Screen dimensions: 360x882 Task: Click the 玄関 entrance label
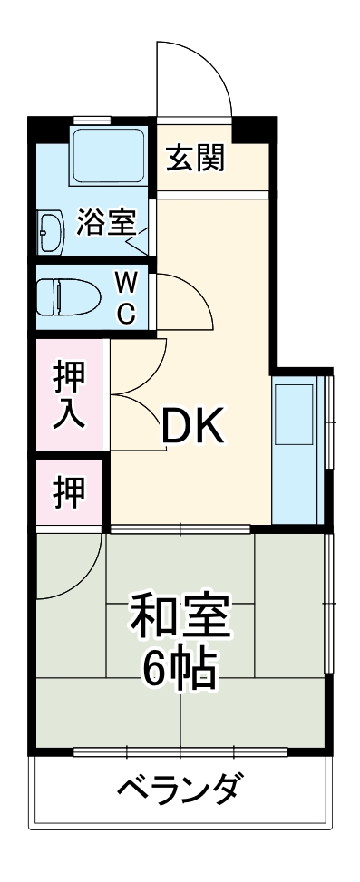click(194, 159)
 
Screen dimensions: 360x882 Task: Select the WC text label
click(126, 297)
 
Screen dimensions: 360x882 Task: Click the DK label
click(192, 425)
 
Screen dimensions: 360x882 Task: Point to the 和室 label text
click(180, 619)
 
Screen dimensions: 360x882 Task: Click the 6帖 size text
click(180, 670)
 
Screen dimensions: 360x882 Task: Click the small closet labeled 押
click(68, 491)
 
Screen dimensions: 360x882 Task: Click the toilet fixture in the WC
click(68, 294)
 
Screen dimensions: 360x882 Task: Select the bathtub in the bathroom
click(108, 157)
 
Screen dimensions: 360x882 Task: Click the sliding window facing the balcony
click(180, 751)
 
